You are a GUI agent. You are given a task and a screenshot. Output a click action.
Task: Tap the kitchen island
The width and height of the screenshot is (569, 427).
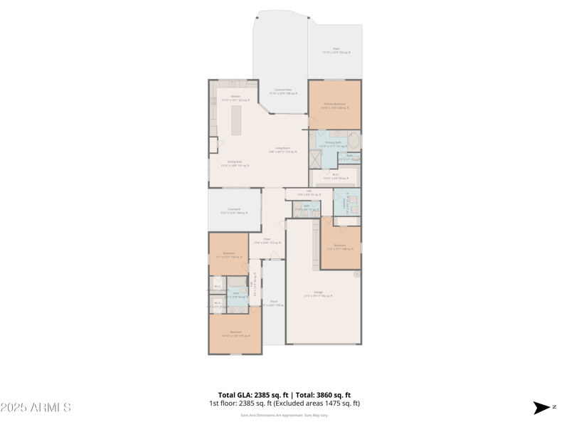pyautogui.click(x=236, y=120)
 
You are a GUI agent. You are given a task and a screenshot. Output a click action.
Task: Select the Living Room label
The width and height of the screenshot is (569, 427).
pyautogui.click(x=282, y=149)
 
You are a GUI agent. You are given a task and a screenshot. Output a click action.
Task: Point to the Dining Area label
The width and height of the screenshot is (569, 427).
pyautogui.click(x=235, y=163)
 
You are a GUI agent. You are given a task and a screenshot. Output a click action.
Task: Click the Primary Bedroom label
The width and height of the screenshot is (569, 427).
pyautogui.click(x=334, y=105)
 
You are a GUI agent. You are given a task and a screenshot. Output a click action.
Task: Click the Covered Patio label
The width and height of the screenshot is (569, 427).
pyautogui.click(x=283, y=91)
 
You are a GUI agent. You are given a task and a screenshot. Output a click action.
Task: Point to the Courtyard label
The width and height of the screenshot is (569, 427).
pyautogui.click(x=234, y=211)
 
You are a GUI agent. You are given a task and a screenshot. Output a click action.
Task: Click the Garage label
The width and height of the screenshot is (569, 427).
pyautogui.click(x=318, y=293)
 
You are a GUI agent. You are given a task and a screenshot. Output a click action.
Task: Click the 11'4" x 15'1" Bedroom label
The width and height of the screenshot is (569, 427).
pyautogui.click(x=339, y=247)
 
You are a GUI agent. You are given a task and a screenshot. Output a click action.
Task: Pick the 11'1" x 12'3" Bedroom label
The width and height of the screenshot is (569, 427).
pyautogui.click(x=228, y=255)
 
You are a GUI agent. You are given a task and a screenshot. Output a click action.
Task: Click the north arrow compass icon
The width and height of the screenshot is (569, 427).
pyautogui.click(x=542, y=408)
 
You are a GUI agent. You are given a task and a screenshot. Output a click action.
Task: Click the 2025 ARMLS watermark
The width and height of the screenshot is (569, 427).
pyautogui.click(x=36, y=408)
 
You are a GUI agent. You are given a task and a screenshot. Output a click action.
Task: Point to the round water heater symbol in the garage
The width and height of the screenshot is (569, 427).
pyautogui.click(x=356, y=274)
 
